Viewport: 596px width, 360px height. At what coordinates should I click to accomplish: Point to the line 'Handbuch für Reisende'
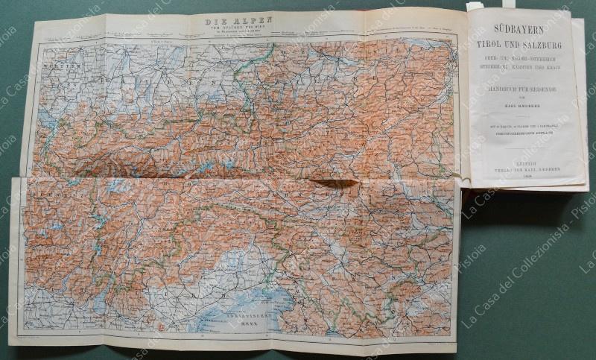coord(526,88)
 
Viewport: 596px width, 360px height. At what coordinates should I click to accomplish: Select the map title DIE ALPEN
coord(238,22)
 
